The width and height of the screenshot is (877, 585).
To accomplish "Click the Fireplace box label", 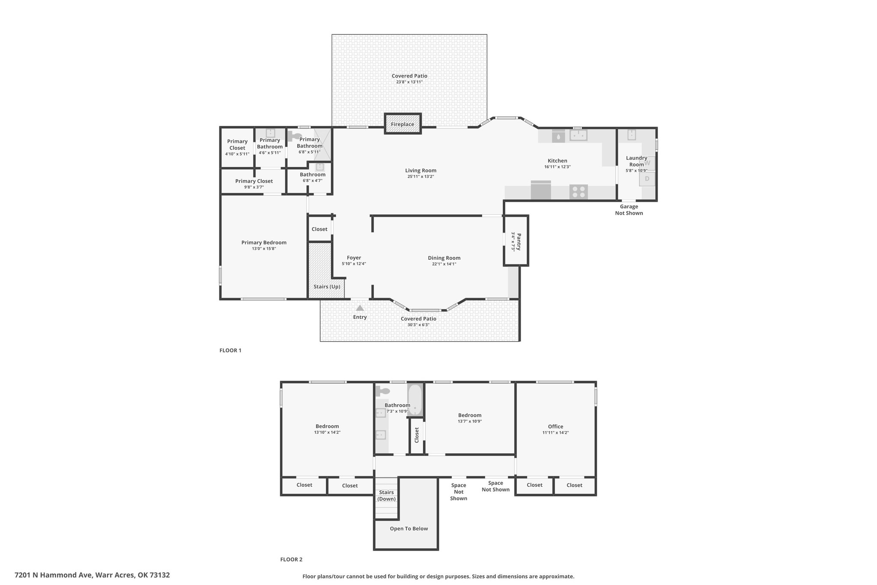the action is (x=403, y=124).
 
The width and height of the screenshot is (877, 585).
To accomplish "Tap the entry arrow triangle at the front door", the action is (x=360, y=308).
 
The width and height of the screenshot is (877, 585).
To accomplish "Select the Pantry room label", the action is (x=519, y=242).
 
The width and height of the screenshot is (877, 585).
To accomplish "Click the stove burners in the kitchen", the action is (x=579, y=192).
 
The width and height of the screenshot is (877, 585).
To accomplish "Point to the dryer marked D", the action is (x=647, y=179).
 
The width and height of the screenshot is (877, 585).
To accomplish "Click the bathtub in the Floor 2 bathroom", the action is (x=415, y=399).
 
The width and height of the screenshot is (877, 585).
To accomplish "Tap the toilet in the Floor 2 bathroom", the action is (x=382, y=391).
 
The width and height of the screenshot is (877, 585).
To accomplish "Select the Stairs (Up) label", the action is (x=327, y=287).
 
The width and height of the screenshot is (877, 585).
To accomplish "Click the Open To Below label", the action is (x=409, y=528).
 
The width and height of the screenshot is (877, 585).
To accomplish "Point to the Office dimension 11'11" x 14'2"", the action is (x=555, y=432).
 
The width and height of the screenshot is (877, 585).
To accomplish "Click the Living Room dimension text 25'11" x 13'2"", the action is (x=421, y=177).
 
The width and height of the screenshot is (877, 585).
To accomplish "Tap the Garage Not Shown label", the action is (x=629, y=210).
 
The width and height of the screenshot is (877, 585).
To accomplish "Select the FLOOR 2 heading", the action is (x=291, y=559).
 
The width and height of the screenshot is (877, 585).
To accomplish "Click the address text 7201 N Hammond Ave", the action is (x=53, y=575).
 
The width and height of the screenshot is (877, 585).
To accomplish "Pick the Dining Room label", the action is (x=444, y=258).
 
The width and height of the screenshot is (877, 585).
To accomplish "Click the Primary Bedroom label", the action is (x=264, y=243).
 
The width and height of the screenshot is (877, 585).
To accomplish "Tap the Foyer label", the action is (x=354, y=258).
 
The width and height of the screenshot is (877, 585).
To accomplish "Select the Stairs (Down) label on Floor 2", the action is (x=387, y=495).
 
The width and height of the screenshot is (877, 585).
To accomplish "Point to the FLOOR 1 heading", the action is (x=230, y=350).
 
